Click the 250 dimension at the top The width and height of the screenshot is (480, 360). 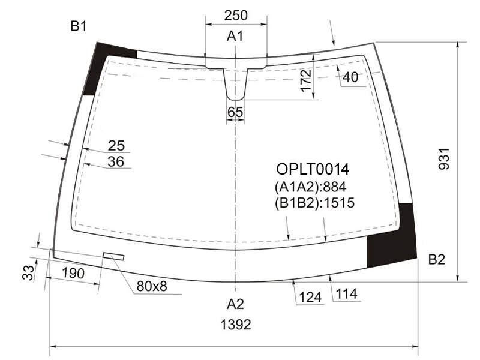coord(236,16)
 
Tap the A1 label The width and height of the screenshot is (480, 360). coord(235,36)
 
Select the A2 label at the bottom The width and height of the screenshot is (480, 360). coord(235,304)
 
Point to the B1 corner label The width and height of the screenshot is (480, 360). coord(79,26)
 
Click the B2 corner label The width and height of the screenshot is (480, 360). coord(437,260)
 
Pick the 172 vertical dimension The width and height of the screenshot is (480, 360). coord(306,80)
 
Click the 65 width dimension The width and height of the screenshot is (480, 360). coord(235,112)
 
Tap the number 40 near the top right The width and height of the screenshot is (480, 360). coord(350,77)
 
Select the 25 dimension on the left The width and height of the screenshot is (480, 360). coord(116,146)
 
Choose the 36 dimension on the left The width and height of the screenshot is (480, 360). coord(116,161)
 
